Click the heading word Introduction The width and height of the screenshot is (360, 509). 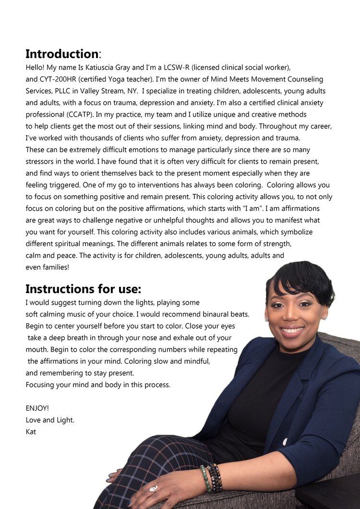[x=61, y=54]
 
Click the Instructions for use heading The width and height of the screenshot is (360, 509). [x=83, y=289]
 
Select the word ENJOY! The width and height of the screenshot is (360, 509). [x=37, y=408]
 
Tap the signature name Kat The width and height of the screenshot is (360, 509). [x=31, y=432]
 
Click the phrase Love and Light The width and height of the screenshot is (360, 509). [x=50, y=420]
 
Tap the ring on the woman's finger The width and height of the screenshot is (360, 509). [x=154, y=489]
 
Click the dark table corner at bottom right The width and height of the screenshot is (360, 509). [x=331, y=497]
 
